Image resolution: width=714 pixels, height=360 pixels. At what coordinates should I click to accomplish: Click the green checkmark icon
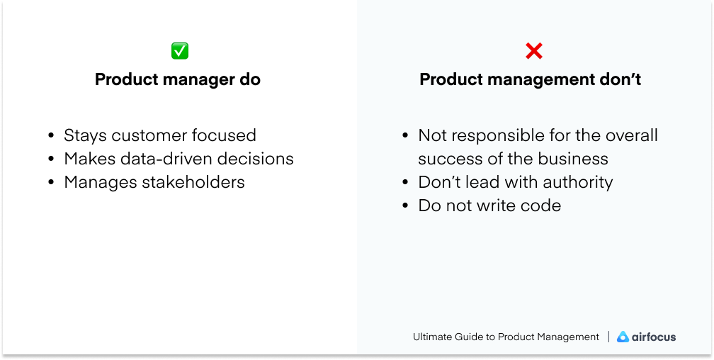pos(180,51)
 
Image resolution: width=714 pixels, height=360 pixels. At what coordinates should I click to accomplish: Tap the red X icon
pos(533,51)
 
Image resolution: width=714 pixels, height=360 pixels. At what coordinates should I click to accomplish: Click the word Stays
pos(85,135)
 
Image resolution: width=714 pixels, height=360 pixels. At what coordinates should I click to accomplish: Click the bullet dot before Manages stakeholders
pos(51,183)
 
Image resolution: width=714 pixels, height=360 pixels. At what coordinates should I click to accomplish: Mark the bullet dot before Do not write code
pos(405,206)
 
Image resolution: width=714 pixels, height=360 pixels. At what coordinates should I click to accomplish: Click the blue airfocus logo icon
pos(623,337)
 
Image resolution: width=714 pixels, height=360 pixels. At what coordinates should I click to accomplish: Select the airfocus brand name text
pos(654,337)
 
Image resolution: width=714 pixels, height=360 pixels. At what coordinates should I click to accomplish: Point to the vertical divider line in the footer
pos(608,337)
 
